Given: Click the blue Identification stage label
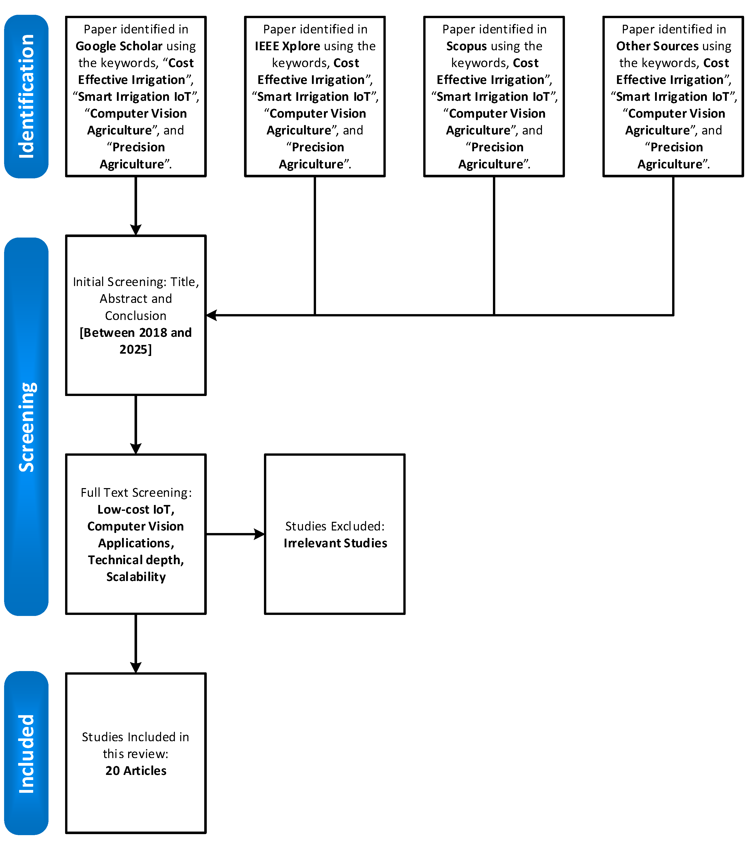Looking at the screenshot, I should [26, 96].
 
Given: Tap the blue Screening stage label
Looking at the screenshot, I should [26, 427].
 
